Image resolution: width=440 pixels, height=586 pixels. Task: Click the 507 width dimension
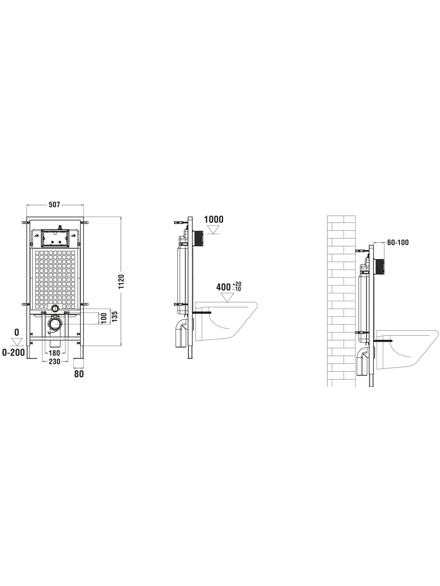click(x=55, y=205)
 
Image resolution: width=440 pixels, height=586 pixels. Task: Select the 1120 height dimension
click(x=121, y=281)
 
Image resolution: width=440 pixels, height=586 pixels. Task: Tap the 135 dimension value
click(x=114, y=317)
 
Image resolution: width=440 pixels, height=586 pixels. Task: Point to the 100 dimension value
click(x=104, y=318)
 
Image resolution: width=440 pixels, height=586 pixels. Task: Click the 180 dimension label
click(x=55, y=353)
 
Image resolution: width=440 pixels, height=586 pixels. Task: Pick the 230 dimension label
click(x=55, y=361)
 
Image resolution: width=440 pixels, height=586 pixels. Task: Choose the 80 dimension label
click(x=79, y=374)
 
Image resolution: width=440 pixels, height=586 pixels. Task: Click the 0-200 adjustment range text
click(x=14, y=353)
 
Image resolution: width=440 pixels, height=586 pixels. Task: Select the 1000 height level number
click(x=213, y=219)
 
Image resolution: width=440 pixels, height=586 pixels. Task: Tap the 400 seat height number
click(x=224, y=287)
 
